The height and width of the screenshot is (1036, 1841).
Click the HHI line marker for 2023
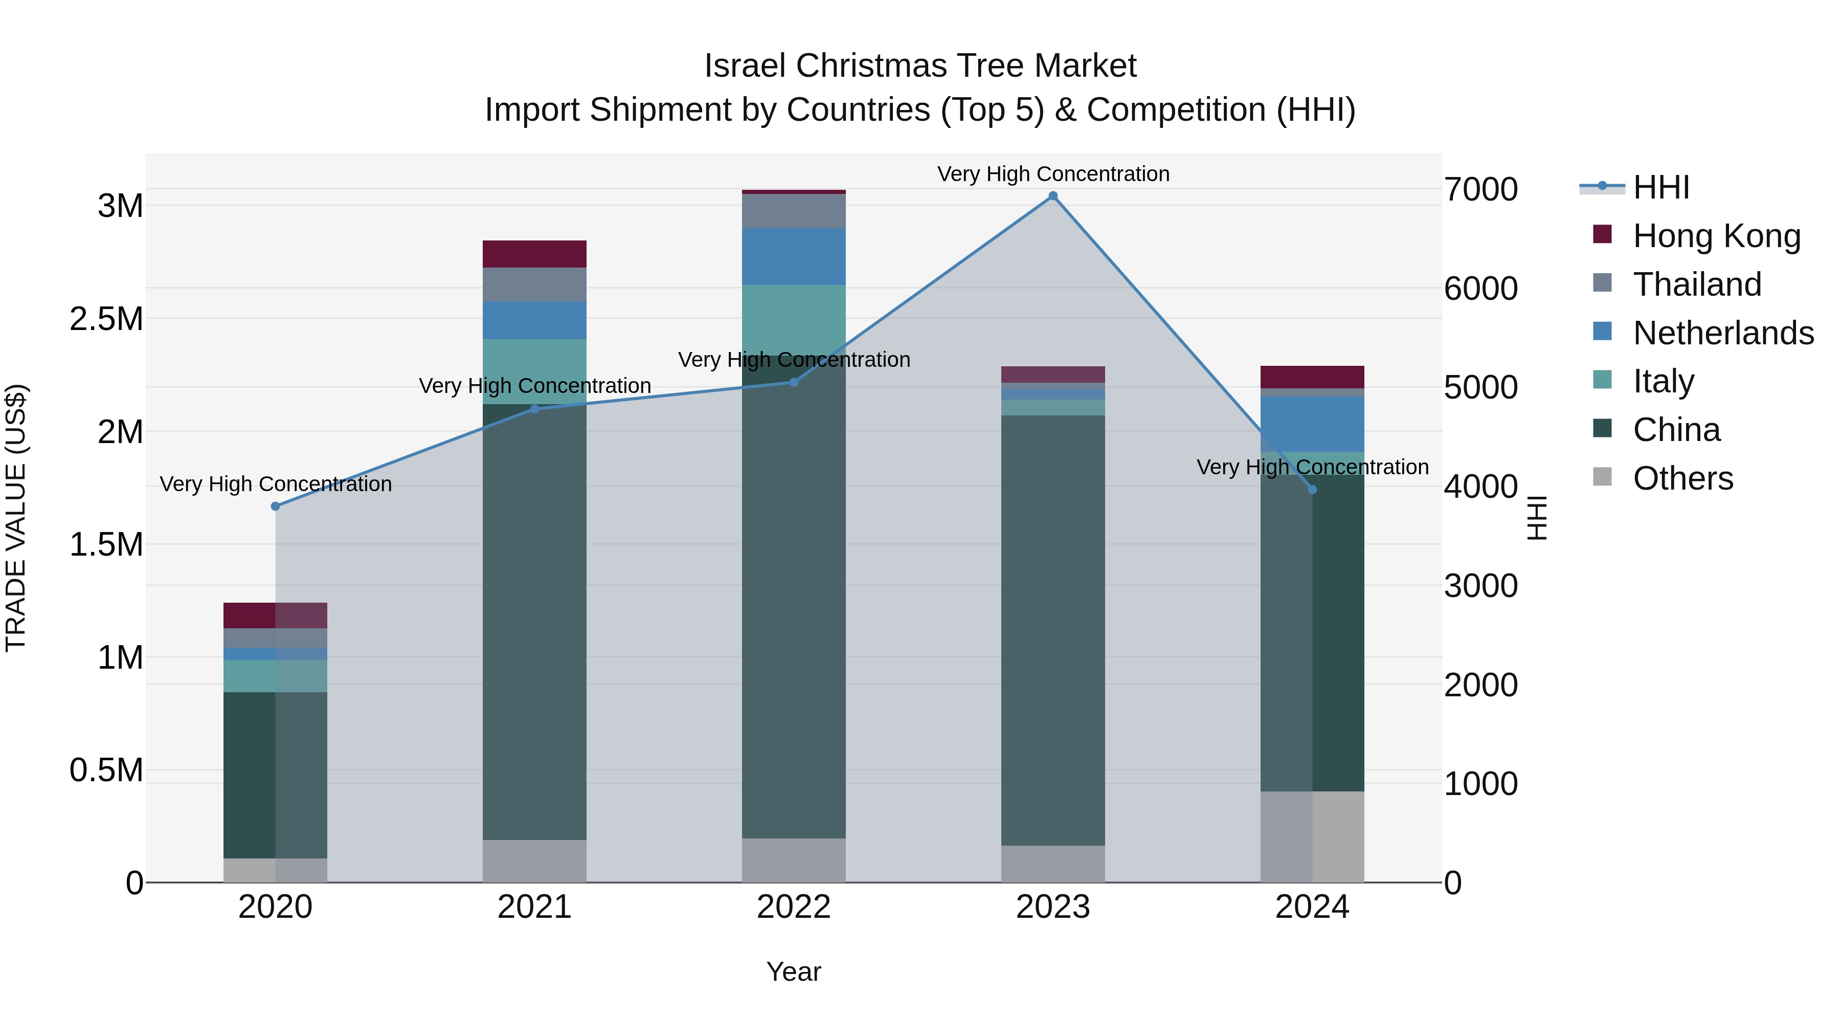[1053, 196]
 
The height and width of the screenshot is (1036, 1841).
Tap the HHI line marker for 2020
[276, 506]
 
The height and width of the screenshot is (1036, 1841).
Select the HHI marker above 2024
[1312, 490]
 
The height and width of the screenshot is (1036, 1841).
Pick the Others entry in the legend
[1683, 478]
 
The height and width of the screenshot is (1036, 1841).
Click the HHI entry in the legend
[1661, 187]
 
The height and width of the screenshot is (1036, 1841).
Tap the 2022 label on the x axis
[793, 907]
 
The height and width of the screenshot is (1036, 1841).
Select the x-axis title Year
[793, 972]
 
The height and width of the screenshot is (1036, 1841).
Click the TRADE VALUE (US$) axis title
[16, 518]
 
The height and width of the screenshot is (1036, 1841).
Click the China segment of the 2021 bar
[534, 622]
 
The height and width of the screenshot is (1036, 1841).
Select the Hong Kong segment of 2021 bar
[534, 254]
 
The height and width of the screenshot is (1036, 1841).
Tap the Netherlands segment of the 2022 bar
[793, 257]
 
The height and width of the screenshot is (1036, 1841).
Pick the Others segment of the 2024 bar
[1312, 836]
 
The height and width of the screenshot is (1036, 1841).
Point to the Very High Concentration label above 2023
[1053, 174]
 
